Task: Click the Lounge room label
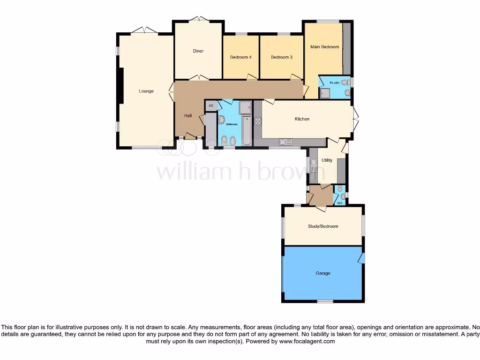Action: (146, 91)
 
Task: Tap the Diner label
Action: (198, 51)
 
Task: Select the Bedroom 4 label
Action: (240, 57)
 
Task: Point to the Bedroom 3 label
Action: (281, 57)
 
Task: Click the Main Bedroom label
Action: (324, 47)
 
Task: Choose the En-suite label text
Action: (334, 83)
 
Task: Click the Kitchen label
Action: (302, 119)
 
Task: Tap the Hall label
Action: (187, 116)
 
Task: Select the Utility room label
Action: (327, 160)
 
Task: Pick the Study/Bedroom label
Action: (322, 226)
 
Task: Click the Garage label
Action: (322, 273)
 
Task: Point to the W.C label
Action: (340, 203)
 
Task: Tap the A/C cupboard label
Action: (211, 105)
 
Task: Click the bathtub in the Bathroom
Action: (247, 132)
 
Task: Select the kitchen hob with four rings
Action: (257, 120)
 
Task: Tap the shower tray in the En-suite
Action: (325, 93)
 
